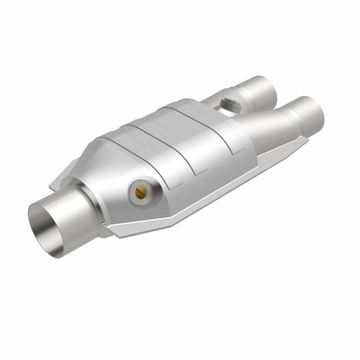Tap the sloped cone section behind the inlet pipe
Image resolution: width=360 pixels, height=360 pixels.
(107, 165)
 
